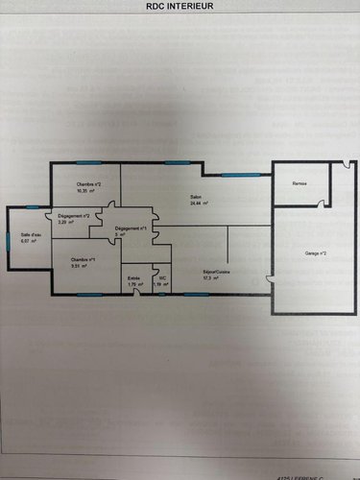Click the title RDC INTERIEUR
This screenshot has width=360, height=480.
180,6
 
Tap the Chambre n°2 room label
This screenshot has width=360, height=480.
90,183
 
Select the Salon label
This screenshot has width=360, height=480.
195,197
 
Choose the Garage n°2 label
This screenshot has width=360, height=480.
316,252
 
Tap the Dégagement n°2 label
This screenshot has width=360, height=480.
74,216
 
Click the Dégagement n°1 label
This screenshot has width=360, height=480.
131,228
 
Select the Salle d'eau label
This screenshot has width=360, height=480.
30,235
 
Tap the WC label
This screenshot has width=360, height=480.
163,278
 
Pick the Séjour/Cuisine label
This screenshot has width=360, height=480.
216,272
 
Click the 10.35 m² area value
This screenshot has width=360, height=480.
88,191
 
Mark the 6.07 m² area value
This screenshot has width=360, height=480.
28,242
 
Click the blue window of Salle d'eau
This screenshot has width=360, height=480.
33,207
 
